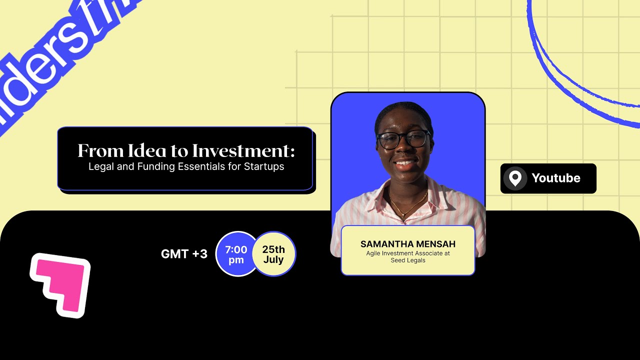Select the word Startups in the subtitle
264,166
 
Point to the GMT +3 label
184,253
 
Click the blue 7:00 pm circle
235,254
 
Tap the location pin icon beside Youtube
515,178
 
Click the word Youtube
555,178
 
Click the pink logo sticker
60,285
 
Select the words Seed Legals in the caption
407,260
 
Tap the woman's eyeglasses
403,139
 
